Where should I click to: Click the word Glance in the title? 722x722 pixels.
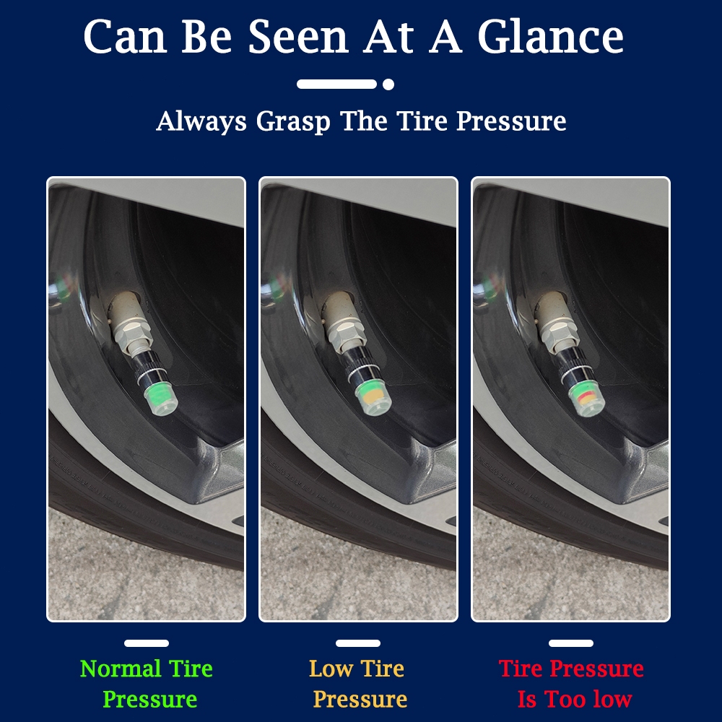pyautogui.click(x=550, y=37)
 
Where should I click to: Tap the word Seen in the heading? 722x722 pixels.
pyautogui.click(x=298, y=37)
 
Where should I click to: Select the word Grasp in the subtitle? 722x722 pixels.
pyautogui.click(x=293, y=122)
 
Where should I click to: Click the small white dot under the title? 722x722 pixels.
pyautogui.click(x=388, y=84)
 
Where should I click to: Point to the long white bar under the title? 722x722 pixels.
pyautogui.click(x=336, y=84)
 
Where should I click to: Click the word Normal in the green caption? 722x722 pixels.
pyautogui.click(x=121, y=669)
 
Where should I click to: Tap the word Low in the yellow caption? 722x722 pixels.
pyautogui.click(x=331, y=669)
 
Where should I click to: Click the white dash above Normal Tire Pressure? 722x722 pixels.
pyautogui.click(x=147, y=643)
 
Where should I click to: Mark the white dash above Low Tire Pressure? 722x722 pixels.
pyautogui.click(x=358, y=643)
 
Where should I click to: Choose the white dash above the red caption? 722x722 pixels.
pyautogui.click(x=571, y=643)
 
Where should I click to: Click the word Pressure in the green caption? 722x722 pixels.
pyautogui.click(x=150, y=700)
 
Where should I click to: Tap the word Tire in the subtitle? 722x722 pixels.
pyautogui.click(x=422, y=121)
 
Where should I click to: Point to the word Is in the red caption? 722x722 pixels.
pyautogui.click(x=527, y=699)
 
